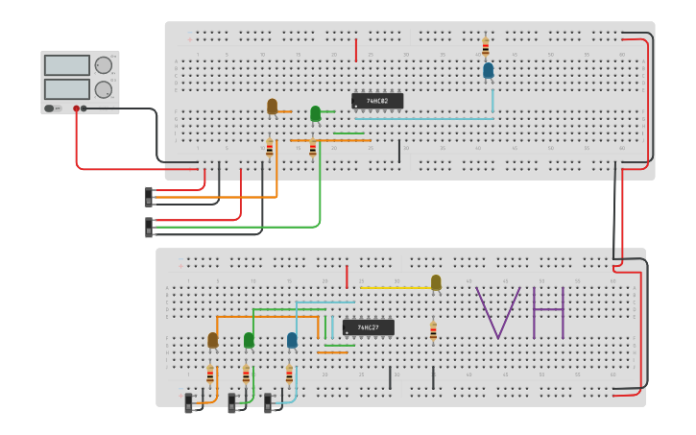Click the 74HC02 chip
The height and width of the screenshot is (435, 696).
(377, 101)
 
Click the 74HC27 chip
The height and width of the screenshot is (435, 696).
(369, 327)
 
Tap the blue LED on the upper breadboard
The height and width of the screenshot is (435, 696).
(489, 70)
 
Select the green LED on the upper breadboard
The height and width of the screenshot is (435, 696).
(315, 113)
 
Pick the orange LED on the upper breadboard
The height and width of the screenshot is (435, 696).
(272, 106)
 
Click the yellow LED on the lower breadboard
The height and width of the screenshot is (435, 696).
(436, 281)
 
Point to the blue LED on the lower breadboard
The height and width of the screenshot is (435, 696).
(292, 340)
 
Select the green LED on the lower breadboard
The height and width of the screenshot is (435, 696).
(249, 340)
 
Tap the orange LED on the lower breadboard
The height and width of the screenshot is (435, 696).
(212, 340)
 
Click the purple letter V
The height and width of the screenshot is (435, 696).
(497, 312)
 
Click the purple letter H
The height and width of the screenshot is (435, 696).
(548, 312)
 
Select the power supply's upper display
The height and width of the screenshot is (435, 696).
(66, 65)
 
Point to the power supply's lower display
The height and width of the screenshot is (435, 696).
(66, 88)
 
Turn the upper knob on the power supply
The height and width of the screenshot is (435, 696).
(103, 66)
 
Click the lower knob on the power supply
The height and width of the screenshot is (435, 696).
(103, 90)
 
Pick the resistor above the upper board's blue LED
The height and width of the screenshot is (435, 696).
(486, 46)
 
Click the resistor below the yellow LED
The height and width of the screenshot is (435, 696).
(433, 331)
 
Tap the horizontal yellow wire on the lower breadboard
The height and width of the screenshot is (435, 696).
(395, 287)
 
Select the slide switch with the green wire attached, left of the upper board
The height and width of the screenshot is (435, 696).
(149, 228)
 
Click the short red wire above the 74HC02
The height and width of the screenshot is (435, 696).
(356, 50)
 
